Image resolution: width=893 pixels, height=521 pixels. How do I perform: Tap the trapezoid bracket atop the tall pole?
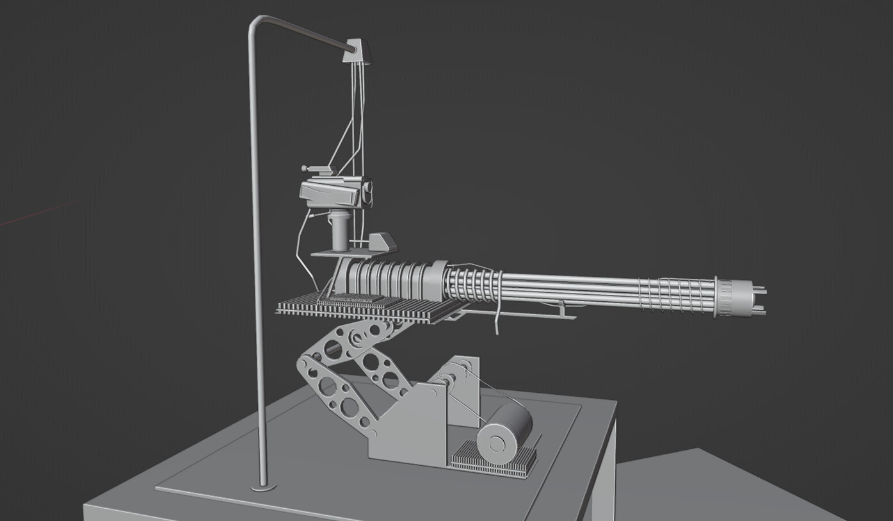pyautogui.click(x=357, y=52)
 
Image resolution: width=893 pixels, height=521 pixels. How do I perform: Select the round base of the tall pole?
pyautogui.click(x=263, y=488)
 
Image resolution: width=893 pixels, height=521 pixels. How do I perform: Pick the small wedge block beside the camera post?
pyautogui.click(x=382, y=242)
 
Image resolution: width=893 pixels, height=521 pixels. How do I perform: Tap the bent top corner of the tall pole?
pyautogui.click(x=254, y=23)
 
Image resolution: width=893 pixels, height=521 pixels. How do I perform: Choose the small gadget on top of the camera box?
pyautogui.click(x=318, y=170)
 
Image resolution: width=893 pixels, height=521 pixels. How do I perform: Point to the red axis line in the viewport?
pyautogui.click(x=32, y=215)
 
